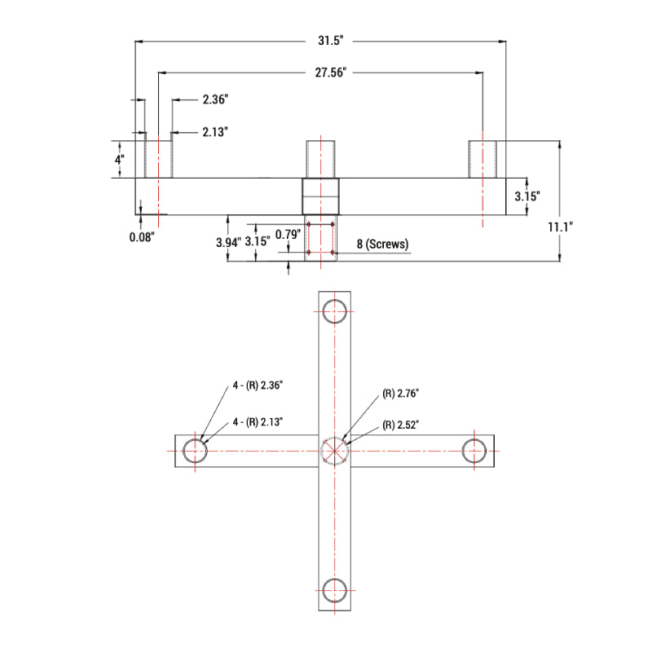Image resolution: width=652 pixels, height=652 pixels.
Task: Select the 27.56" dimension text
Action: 331,73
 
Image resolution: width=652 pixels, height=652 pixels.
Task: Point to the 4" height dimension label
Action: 120,160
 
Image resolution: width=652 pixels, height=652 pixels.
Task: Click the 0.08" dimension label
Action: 141,236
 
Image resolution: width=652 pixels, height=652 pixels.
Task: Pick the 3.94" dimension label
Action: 228,242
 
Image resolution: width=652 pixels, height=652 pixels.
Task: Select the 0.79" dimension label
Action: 287,235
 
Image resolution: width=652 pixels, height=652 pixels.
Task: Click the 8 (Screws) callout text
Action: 382,244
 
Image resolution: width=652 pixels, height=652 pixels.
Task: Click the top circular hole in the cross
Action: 334,310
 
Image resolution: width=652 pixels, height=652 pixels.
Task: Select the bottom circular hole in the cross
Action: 334,589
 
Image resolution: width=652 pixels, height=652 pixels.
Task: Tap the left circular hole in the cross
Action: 195,451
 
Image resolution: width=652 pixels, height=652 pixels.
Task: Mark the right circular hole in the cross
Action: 474,450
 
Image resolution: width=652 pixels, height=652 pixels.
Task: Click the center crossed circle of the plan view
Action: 334,450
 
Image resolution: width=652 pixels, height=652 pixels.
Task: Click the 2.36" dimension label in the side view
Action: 215,99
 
